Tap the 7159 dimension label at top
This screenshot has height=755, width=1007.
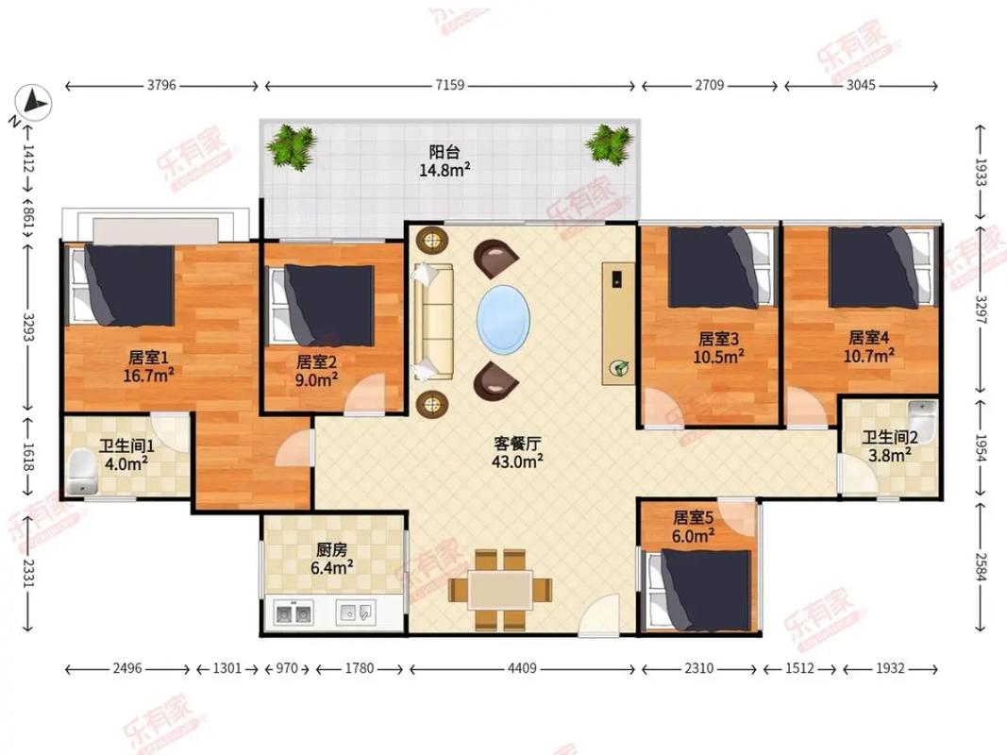point(449,86)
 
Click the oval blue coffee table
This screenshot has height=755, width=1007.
point(502,319)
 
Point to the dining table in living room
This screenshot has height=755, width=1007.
point(500,590)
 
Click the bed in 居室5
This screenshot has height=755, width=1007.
point(703,590)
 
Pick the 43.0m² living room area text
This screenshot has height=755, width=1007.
point(517,461)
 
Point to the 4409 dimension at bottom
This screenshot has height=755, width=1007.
point(521,668)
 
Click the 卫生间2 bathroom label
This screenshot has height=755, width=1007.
point(888,437)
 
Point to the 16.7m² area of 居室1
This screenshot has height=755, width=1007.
point(148,375)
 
